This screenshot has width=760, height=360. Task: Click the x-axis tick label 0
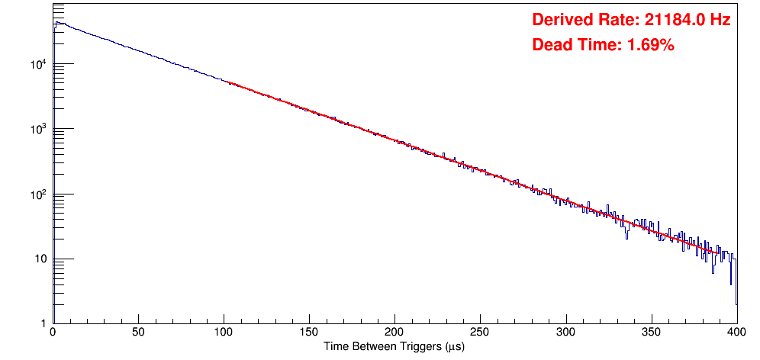click(53, 332)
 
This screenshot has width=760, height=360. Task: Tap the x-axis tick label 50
click(138, 332)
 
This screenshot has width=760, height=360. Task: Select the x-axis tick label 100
click(224, 332)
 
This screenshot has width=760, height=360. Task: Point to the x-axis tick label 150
click(309, 332)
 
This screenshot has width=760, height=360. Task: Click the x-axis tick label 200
click(394, 332)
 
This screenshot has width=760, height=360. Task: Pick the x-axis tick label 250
click(480, 332)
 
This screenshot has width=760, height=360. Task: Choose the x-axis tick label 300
click(565, 332)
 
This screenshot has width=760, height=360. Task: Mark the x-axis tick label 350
click(651, 332)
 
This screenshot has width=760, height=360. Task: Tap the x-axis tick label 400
click(736, 332)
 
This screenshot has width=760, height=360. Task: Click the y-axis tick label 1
click(43, 323)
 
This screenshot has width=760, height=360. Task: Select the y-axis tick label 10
click(40, 259)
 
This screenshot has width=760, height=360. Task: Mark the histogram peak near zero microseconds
click(56, 23)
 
